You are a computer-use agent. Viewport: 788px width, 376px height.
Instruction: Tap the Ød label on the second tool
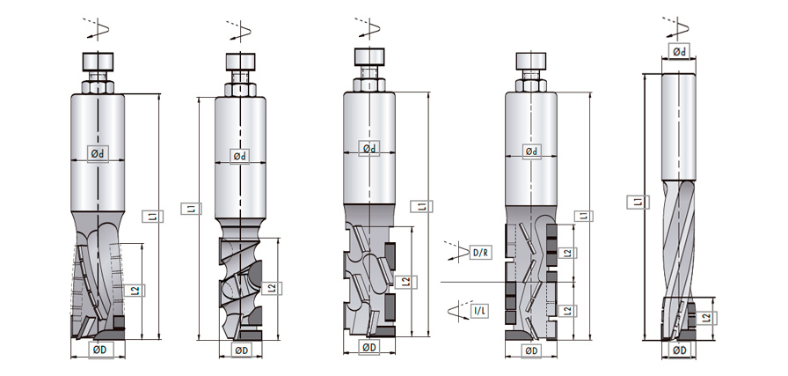(x=239, y=156)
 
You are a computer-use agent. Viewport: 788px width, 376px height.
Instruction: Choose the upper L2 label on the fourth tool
(x=569, y=253)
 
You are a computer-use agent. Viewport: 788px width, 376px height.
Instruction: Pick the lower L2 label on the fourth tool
(x=569, y=309)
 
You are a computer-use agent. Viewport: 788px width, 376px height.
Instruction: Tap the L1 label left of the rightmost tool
(x=636, y=202)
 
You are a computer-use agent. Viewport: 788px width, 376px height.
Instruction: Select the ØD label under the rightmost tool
(x=680, y=350)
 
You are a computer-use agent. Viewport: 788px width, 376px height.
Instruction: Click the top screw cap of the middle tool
(x=368, y=55)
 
